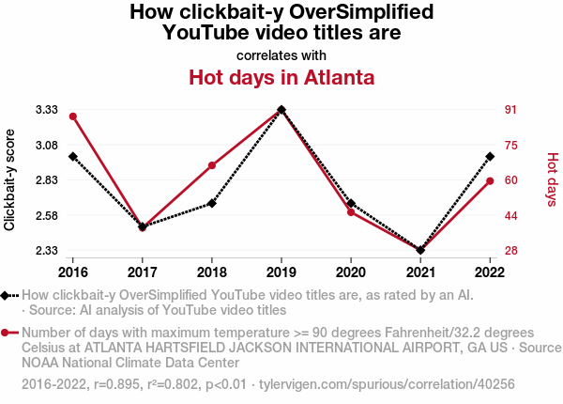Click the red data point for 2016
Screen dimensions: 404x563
[72, 117]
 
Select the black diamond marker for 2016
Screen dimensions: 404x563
[72, 157]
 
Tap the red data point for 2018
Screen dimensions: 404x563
[212, 165]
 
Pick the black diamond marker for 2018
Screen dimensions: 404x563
[212, 203]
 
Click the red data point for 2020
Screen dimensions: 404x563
[351, 212]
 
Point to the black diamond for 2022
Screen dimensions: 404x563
[490, 157]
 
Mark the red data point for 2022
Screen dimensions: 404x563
[490, 180]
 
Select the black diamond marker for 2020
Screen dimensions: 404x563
[351, 203]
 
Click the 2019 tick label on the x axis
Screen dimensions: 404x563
[281, 272]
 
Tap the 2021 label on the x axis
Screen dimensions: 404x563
[420, 272]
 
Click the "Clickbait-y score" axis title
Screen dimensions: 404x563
[10, 179]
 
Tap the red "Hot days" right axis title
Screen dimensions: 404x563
[553, 179]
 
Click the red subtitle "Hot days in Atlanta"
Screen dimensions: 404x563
[281, 77]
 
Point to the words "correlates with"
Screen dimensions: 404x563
[281, 54]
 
